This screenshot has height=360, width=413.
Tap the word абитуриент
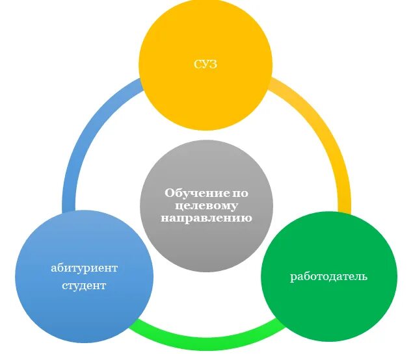(85, 268)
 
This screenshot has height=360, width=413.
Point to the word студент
(85, 285)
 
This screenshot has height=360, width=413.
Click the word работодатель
(328, 276)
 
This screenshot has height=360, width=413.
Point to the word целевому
(206, 205)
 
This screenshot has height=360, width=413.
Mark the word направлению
(206, 218)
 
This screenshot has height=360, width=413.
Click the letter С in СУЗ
(198, 64)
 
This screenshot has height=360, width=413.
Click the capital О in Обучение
(169, 193)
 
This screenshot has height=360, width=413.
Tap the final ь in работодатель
(364, 276)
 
